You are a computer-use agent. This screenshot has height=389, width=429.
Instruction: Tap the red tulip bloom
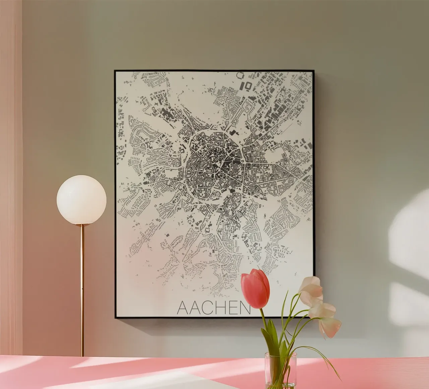[255, 289]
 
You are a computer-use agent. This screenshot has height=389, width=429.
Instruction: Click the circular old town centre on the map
[214, 161]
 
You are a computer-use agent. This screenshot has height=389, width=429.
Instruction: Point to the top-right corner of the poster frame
[313, 71]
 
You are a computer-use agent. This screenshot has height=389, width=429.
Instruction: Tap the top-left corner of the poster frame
[115, 71]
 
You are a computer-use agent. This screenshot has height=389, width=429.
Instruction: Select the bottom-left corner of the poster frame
[115, 317]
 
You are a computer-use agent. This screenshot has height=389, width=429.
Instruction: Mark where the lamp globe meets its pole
[81, 224]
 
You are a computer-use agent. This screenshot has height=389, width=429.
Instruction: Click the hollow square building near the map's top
[248, 86]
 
